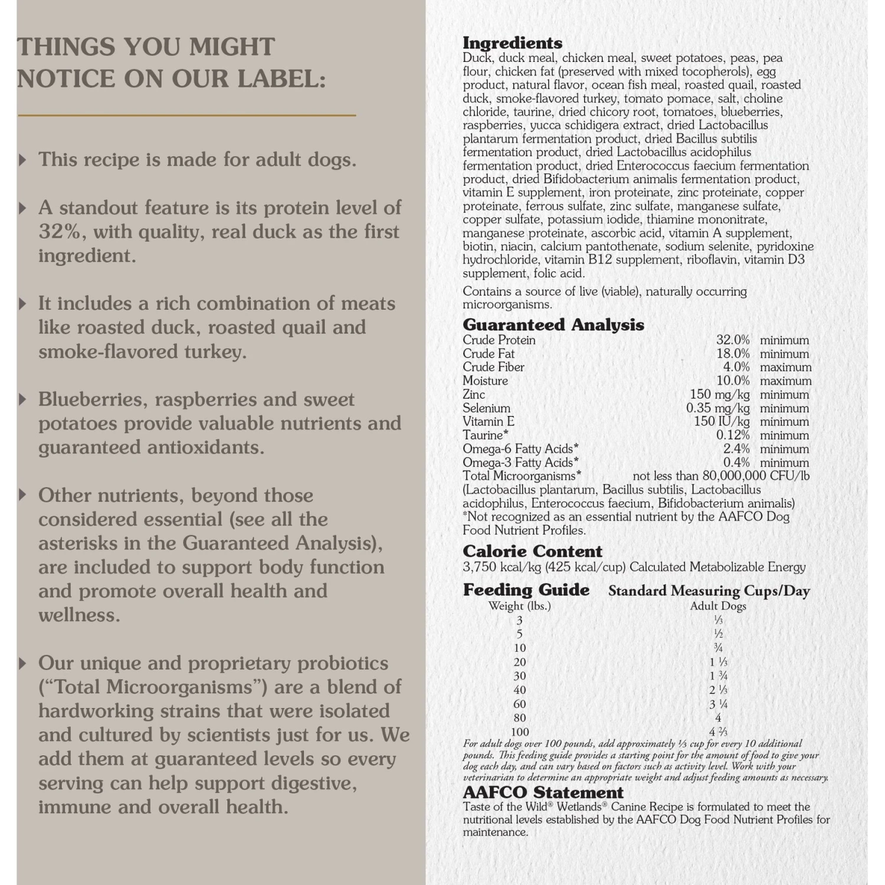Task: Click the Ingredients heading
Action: click(x=512, y=43)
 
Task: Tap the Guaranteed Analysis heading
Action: click(x=553, y=324)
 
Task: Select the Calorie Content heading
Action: click(x=532, y=551)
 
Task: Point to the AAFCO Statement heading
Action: click(x=543, y=792)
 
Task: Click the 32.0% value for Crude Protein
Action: click(x=733, y=340)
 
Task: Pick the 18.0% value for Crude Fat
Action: click(x=733, y=354)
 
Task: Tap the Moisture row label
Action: click(x=485, y=381)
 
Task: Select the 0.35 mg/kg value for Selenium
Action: click(x=717, y=408)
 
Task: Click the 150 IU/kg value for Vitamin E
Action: click(x=722, y=422)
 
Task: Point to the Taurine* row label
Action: click(x=485, y=435)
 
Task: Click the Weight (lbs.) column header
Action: click(x=519, y=606)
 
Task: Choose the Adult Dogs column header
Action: click(x=718, y=606)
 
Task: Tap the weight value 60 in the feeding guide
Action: click(x=520, y=704)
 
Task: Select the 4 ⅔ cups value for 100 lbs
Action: click(x=718, y=732)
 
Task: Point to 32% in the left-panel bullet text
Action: click(x=59, y=232)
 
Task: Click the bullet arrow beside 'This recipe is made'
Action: click(x=23, y=160)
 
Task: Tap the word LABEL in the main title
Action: click(x=281, y=79)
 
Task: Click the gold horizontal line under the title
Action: click(x=186, y=115)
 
